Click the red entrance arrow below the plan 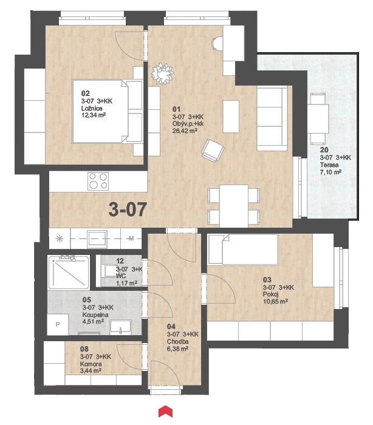[165, 411]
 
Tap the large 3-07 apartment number [128, 209]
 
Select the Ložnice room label [92, 109]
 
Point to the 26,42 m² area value [185, 131]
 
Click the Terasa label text [329, 165]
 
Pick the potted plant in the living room [162, 73]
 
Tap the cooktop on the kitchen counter [98, 181]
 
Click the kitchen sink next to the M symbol [97, 239]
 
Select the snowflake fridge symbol [60, 239]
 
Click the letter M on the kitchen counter [131, 239]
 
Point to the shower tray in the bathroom [69, 272]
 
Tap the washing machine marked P [58, 325]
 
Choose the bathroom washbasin [120, 327]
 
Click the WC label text [121, 276]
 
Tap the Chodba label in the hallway [177, 341]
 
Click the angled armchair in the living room [213, 151]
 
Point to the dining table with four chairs [233, 206]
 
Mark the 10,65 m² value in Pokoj [275, 302]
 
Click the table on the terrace [318, 118]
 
